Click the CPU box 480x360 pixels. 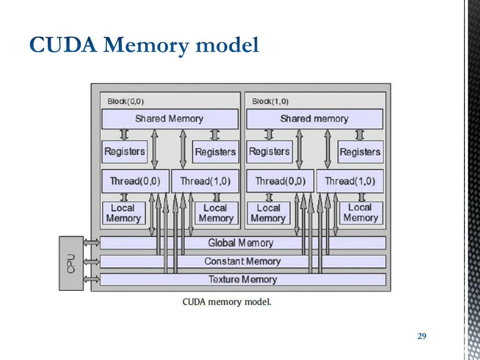click(71, 263)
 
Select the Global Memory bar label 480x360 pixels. click(240, 243)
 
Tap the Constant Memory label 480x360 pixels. click(242, 262)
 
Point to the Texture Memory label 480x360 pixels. click(243, 279)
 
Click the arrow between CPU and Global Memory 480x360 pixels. click(91, 243)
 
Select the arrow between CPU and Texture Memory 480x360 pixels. click(91, 279)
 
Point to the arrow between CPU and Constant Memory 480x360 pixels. click(91, 262)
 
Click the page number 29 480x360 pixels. click(422, 336)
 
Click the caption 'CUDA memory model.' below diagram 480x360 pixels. click(227, 302)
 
